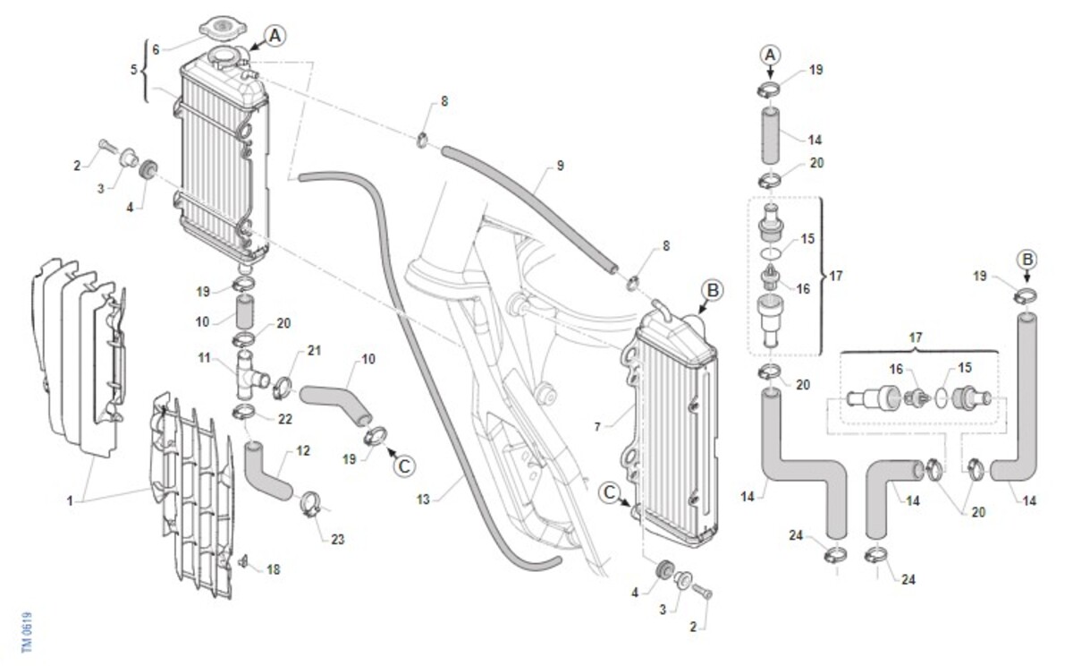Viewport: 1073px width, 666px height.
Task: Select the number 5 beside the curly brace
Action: click(x=134, y=70)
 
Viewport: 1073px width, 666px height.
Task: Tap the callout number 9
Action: click(x=560, y=166)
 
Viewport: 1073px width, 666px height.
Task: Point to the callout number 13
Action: click(x=423, y=499)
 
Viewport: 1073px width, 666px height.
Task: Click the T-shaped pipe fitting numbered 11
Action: click(x=249, y=375)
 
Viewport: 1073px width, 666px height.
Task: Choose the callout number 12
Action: click(x=303, y=450)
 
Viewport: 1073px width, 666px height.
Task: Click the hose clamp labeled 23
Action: click(x=312, y=504)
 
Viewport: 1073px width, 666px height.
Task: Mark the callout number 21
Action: click(x=314, y=351)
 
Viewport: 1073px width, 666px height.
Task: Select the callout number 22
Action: click(x=285, y=419)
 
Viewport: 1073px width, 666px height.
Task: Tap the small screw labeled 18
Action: click(x=243, y=561)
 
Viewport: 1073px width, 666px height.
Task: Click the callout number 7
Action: click(x=597, y=427)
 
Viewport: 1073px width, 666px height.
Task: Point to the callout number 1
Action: click(x=70, y=501)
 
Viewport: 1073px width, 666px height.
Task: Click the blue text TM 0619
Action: click(x=27, y=632)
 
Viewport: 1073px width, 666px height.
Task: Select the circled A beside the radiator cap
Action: click(x=275, y=36)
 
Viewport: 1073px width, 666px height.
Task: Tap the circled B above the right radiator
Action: click(x=713, y=290)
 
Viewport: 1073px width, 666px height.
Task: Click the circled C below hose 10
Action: click(x=405, y=466)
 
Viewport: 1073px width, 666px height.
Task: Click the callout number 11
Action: click(x=205, y=358)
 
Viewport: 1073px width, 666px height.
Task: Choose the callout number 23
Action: click(x=338, y=540)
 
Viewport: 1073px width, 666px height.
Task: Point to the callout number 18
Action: click(x=273, y=569)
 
